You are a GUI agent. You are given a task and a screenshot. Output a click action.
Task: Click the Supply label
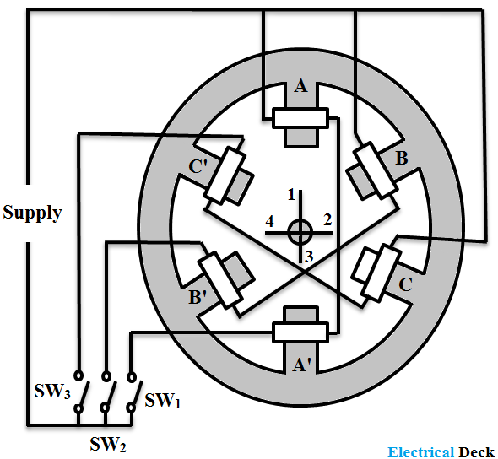tap(32, 212)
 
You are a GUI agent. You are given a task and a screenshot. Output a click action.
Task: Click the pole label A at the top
tap(300, 86)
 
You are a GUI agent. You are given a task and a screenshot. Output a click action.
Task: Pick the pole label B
tap(402, 159)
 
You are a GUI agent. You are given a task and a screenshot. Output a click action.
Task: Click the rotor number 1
tap(291, 196)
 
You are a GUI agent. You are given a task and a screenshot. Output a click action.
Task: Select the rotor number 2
tap(328, 219)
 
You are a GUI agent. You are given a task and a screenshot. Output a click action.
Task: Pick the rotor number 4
tap(270, 222)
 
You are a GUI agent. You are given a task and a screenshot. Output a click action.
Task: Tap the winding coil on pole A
tap(300, 118)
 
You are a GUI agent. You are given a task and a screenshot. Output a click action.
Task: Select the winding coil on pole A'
tap(300, 332)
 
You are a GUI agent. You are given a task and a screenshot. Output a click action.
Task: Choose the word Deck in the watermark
tap(477, 451)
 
